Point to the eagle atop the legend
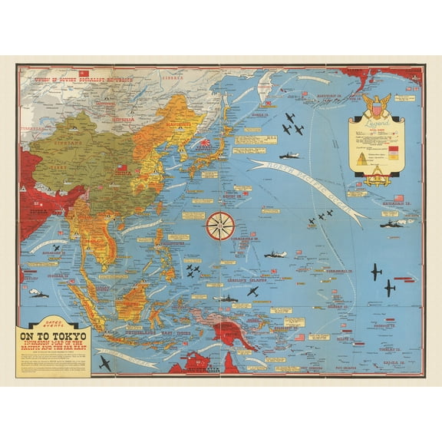pyautogui.click(x=376, y=104)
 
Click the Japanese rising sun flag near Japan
pyautogui.click(x=206, y=143)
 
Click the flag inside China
pyautogui.click(x=121, y=168)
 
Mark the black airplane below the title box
pyautogui.click(x=104, y=363)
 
